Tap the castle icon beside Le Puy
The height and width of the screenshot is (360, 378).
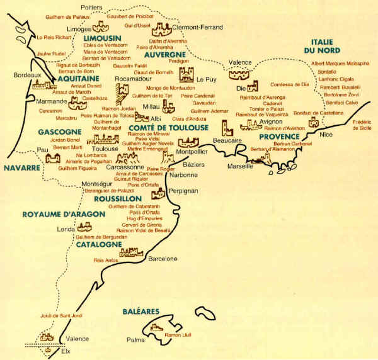(186, 76)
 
